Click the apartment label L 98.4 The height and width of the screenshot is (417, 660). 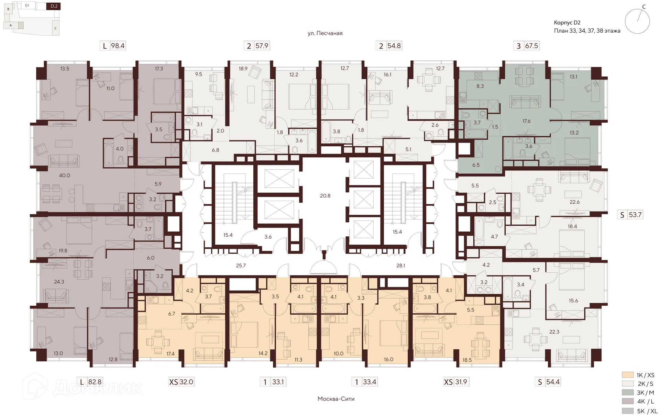113,46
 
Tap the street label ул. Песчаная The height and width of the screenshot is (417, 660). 325,33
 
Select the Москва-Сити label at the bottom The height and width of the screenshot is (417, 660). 336,399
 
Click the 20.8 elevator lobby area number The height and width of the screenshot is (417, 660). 325,196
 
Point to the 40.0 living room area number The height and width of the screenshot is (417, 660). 64,175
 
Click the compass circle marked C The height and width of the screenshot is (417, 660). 637,21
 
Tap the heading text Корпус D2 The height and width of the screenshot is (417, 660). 567,23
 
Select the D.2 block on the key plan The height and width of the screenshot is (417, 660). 54,6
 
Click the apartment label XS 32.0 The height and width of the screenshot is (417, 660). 181,382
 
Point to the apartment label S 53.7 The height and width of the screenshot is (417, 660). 631,215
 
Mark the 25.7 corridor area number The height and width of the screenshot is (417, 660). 241,266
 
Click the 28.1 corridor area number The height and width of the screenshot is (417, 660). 401,266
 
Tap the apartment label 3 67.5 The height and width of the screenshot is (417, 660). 527,46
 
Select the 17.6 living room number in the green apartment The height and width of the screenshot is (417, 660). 527,121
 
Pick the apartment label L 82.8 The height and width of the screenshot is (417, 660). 91,382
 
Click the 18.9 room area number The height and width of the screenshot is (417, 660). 243,69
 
